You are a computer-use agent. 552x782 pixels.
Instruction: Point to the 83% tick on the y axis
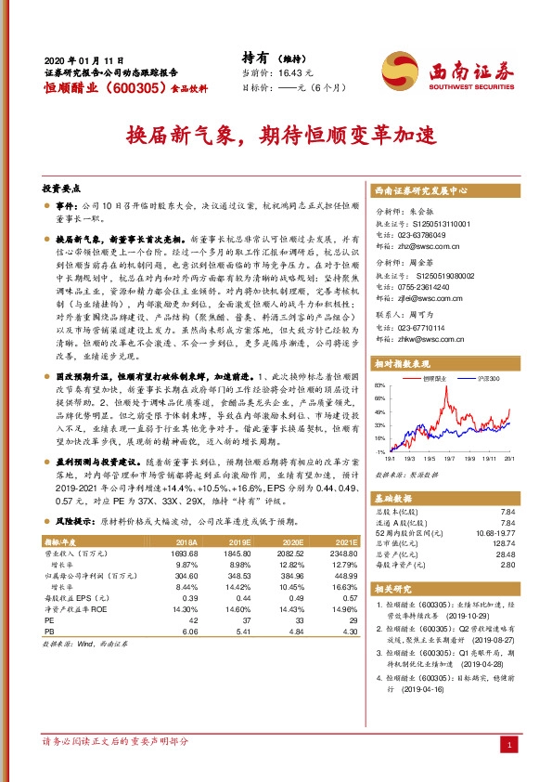coord(379,384)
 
